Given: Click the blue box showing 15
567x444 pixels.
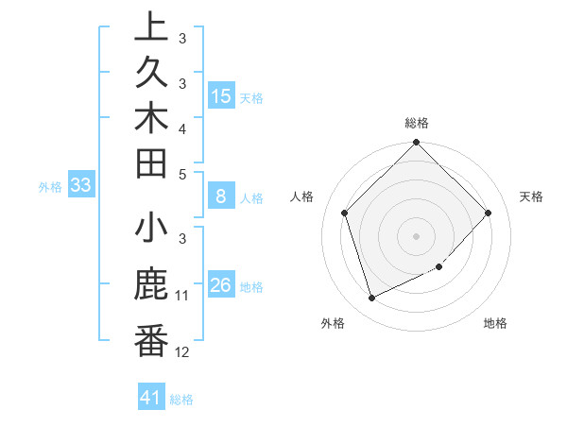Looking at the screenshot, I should point(220,96).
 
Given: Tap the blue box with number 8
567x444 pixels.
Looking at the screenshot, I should point(220,197).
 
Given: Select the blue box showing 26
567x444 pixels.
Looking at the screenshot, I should point(220,286).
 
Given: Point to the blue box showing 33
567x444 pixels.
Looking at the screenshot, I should point(80,186).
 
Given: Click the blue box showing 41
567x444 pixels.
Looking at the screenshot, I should point(151,399).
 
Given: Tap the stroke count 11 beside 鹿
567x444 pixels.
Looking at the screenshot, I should point(182,296).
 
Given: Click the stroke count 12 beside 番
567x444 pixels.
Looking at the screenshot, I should point(182,351).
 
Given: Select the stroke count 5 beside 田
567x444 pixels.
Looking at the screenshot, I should point(181,173).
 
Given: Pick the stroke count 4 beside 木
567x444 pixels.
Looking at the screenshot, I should point(181,128).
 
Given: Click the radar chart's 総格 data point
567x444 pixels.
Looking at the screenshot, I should point(416,144).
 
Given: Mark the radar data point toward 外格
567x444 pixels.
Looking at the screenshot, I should point(371,299).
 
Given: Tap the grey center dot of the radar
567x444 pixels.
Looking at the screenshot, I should point(416,235).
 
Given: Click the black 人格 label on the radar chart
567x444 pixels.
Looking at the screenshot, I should point(302,196).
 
